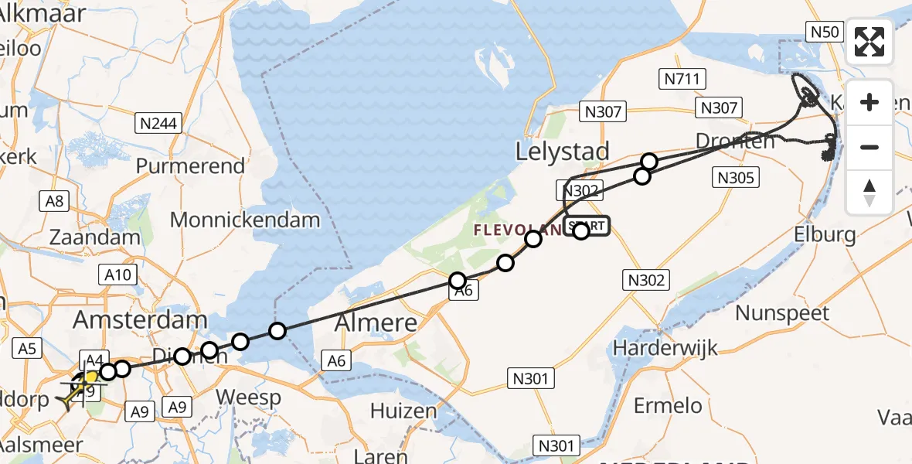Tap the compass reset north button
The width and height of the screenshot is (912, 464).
pyautogui.click(x=869, y=193)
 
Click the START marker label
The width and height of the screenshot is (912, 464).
pyautogui.click(x=589, y=226)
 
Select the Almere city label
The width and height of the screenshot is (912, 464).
pyautogui.click(x=376, y=322)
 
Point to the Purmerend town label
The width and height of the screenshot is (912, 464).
pyautogui.click(x=190, y=166)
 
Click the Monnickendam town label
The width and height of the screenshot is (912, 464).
pyautogui.click(x=245, y=220)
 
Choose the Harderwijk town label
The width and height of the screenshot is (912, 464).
pyautogui.click(x=654, y=347)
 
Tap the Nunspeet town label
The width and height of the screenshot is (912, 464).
pyautogui.click(x=782, y=313)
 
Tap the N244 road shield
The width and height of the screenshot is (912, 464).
pyautogui.click(x=157, y=122)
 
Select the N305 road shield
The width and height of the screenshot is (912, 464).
pyautogui.click(x=735, y=177)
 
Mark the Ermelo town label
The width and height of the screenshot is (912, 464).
pyautogui.click(x=668, y=404)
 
